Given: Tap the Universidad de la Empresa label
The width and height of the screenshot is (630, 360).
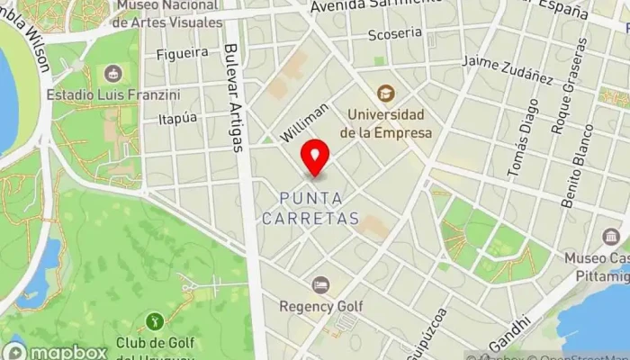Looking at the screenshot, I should pos(385,124).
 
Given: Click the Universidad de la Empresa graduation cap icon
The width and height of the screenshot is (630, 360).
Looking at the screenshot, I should pos(385,93).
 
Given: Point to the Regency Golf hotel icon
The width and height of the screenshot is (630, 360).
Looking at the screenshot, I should pos(320,284).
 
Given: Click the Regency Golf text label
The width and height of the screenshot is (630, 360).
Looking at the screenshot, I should pos(320,306).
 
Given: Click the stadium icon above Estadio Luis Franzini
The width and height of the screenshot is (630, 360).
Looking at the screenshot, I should pos(112,73).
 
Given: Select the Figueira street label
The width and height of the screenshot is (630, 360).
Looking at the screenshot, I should pos(182,53).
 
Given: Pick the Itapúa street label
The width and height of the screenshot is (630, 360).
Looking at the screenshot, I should pos(176,119).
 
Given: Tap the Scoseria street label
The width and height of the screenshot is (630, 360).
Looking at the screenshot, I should pos(395,33).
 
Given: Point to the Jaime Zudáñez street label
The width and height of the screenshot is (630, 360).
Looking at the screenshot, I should pos(508,70).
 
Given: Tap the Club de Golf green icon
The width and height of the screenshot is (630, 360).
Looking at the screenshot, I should pos(154,320).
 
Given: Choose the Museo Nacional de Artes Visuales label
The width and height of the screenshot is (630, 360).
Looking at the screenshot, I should pos(168,13).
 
